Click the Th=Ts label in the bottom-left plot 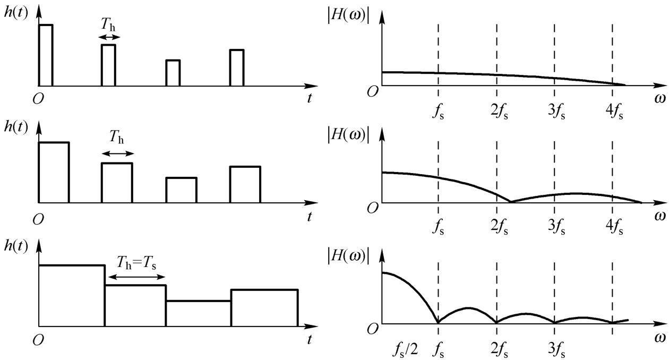[x=139, y=262]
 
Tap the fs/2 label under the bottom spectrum [x=405, y=350]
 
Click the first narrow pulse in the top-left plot [x=46, y=55]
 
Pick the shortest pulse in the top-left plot [x=173, y=73]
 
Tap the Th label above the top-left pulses [x=109, y=25]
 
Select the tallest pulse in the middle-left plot [x=54, y=173]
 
